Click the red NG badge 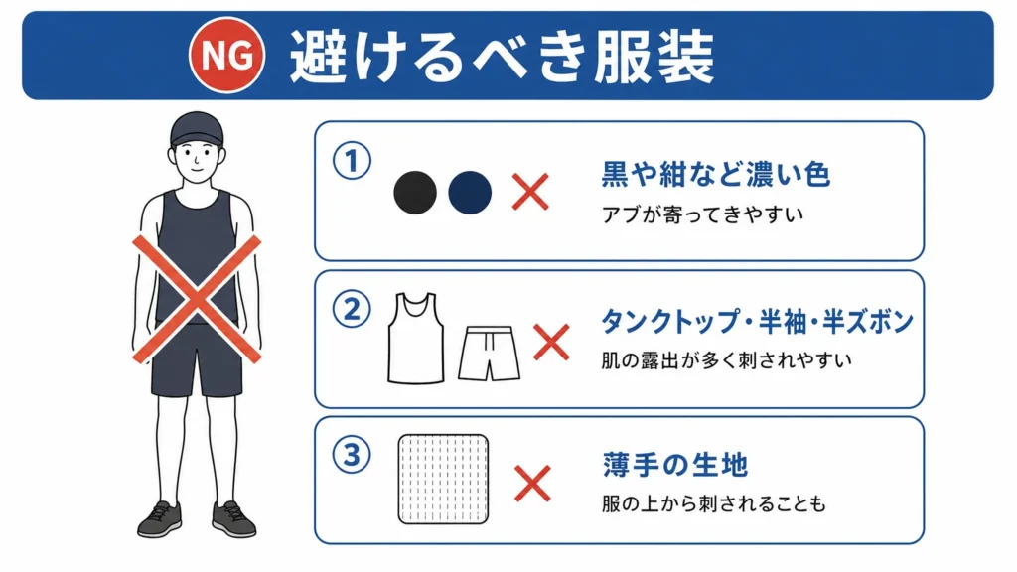(227, 56)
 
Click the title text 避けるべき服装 (502, 57)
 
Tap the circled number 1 (353, 161)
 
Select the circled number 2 (353, 309)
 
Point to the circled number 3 (353, 455)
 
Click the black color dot (415, 193)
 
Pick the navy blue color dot (470, 193)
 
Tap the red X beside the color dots (530, 192)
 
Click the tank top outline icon (416, 338)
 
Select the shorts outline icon (489, 354)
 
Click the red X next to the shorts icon (551, 343)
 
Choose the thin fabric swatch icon (443, 480)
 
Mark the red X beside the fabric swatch (532, 484)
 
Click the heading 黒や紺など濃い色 (715, 174)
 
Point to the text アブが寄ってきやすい (702, 214)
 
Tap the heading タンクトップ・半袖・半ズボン (757, 322)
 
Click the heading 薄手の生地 (675, 465)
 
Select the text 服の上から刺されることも (713, 503)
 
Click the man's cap (197, 128)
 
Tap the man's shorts (197, 359)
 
